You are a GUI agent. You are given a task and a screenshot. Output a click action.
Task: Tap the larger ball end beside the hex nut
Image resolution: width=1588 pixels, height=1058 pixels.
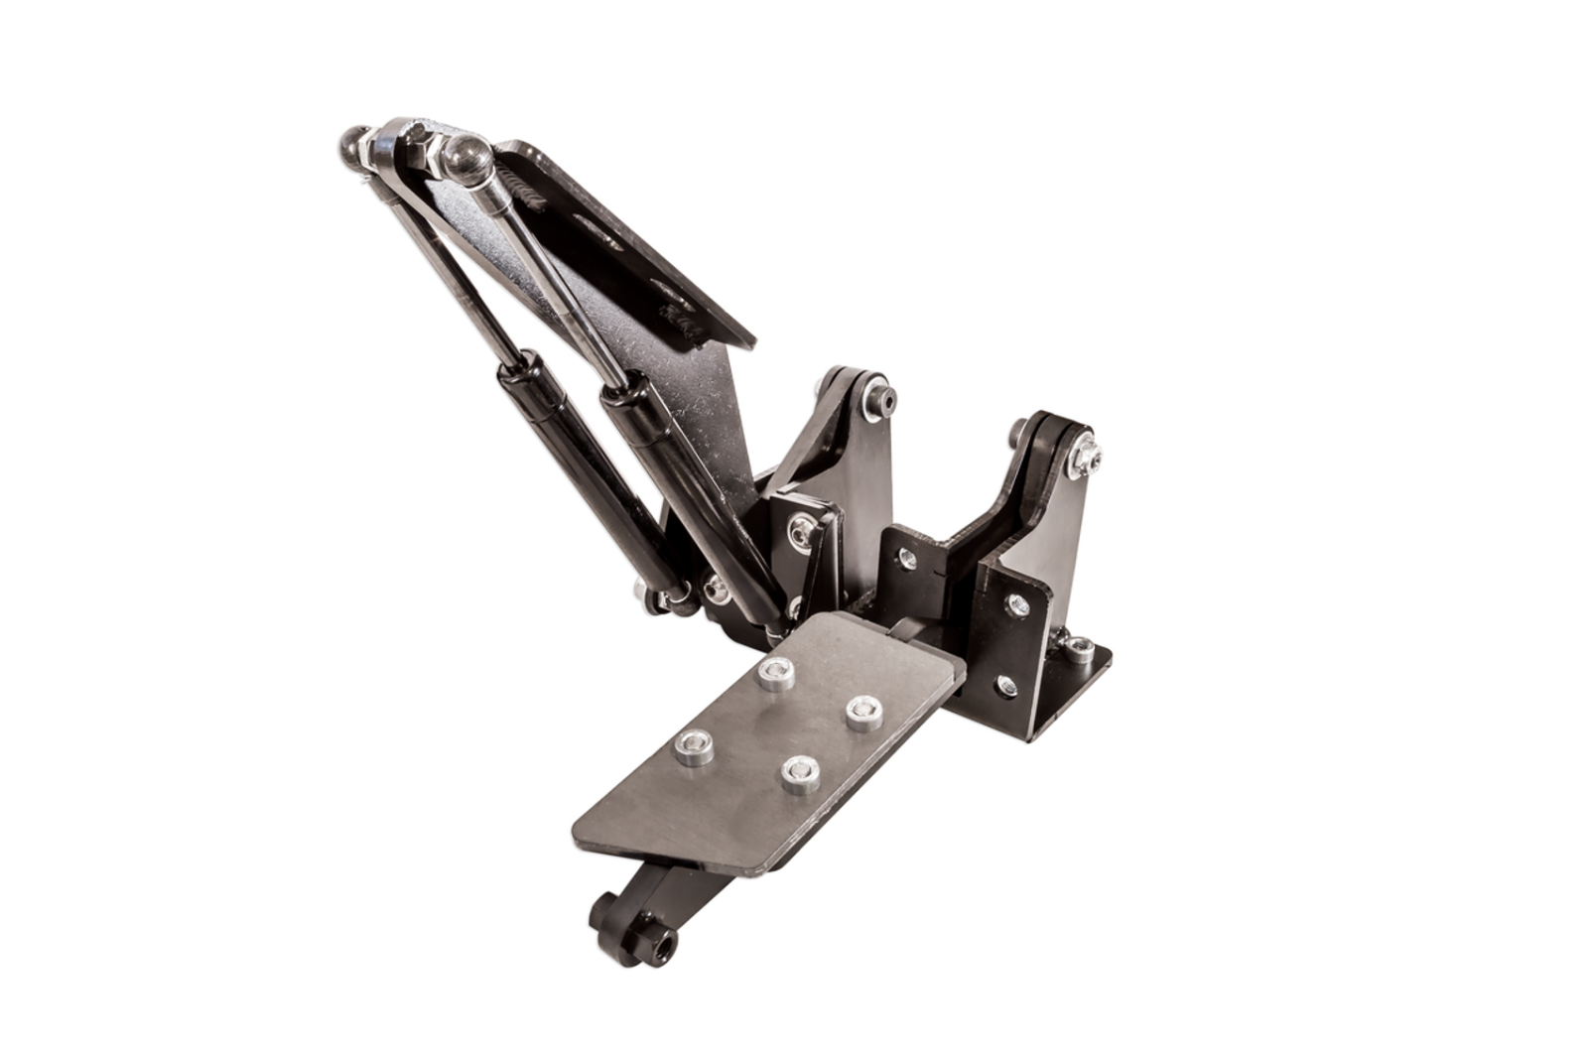463,157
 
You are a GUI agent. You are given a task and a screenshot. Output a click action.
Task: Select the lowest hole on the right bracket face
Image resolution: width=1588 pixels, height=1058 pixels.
1007,682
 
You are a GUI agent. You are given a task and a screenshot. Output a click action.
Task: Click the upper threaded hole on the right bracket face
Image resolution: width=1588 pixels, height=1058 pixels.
1015,600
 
